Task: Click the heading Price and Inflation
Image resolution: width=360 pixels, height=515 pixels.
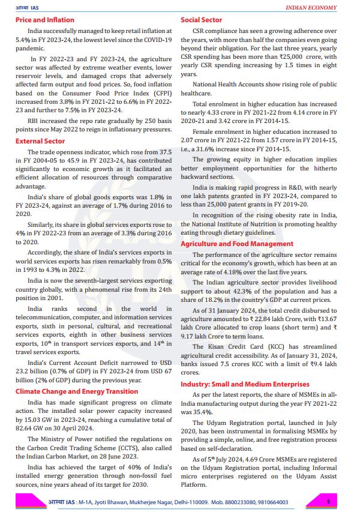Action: tap(45, 20)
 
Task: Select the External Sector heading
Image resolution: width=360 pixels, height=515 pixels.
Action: tap(40, 141)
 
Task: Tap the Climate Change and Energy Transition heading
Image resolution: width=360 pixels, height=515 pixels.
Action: tap(77, 391)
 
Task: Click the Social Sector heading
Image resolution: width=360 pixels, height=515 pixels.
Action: tap(201, 20)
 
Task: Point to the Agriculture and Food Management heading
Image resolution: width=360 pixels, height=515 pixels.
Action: tap(237, 244)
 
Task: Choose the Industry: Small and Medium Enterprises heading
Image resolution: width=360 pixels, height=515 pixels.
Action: tap(245, 384)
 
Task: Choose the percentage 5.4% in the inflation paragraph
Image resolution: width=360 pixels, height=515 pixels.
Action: tap(24, 40)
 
